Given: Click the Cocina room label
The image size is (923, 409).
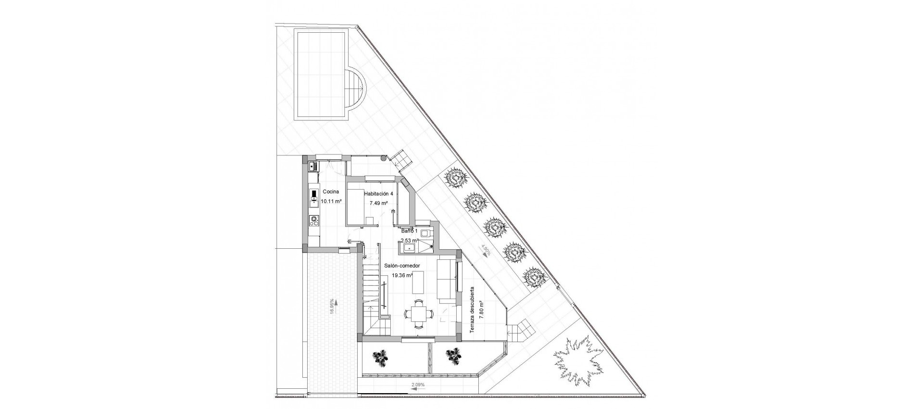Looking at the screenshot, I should tap(331, 192).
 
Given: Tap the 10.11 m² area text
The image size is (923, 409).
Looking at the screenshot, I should tap(331, 201).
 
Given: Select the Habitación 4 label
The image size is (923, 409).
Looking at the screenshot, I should tap(378, 193).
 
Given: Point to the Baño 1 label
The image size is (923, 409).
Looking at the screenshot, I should tap(410, 231).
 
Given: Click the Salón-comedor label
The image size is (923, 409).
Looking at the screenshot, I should tap(402, 266).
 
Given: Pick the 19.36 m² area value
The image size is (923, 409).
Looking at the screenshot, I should tap(402, 276).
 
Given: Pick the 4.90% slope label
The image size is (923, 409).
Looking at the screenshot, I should tap(486, 251).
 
